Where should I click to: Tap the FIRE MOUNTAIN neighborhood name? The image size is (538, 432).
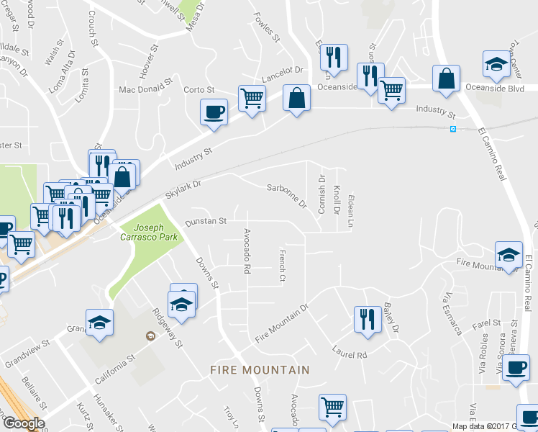coord(260,370)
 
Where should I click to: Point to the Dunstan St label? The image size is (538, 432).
coord(206,221)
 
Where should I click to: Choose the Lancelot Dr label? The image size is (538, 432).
coord(283,73)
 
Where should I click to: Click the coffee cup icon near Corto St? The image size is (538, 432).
coord(214,112)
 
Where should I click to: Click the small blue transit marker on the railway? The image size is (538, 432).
coord(453,129)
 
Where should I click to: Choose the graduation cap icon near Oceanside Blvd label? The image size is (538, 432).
coord(496,66)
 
